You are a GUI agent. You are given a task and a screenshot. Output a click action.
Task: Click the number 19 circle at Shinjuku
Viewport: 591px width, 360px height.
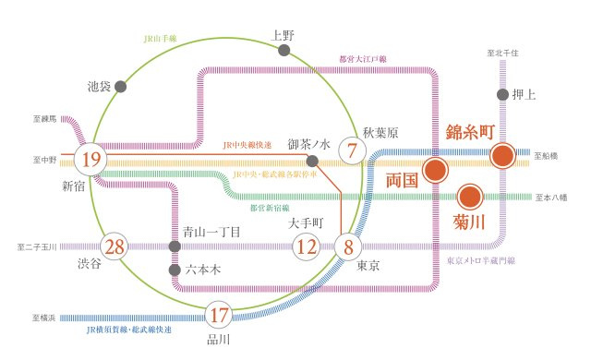pyautogui.click(x=90, y=159)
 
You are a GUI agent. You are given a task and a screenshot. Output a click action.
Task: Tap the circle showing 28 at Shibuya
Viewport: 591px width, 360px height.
pyautogui.click(x=115, y=247)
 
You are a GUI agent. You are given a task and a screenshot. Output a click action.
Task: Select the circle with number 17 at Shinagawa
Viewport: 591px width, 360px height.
pyautogui.click(x=219, y=316)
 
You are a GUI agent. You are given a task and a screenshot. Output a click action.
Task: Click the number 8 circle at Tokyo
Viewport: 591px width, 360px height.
pyautogui.click(x=348, y=246)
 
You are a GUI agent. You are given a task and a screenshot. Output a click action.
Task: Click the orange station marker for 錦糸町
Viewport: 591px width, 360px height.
pyautogui.click(x=503, y=155)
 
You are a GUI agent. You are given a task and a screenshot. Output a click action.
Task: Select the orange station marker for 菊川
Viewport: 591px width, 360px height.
pyautogui.click(x=469, y=197)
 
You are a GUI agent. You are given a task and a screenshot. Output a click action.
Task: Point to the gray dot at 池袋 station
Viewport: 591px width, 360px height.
pyautogui.click(x=120, y=86)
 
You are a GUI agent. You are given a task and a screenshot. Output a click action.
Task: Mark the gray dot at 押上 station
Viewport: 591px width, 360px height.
pyautogui.click(x=503, y=94)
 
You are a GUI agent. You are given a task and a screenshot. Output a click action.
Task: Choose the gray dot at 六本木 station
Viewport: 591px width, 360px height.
pyautogui.click(x=174, y=270)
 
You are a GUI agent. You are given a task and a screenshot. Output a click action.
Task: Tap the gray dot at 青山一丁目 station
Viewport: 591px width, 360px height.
pyautogui.click(x=174, y=247)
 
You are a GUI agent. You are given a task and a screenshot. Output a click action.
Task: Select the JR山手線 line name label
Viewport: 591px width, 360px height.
pyautogui.click(x=160, y=39)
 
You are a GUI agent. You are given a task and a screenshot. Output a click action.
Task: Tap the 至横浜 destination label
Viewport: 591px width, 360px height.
pyautogui.click(x=43, y=317)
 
